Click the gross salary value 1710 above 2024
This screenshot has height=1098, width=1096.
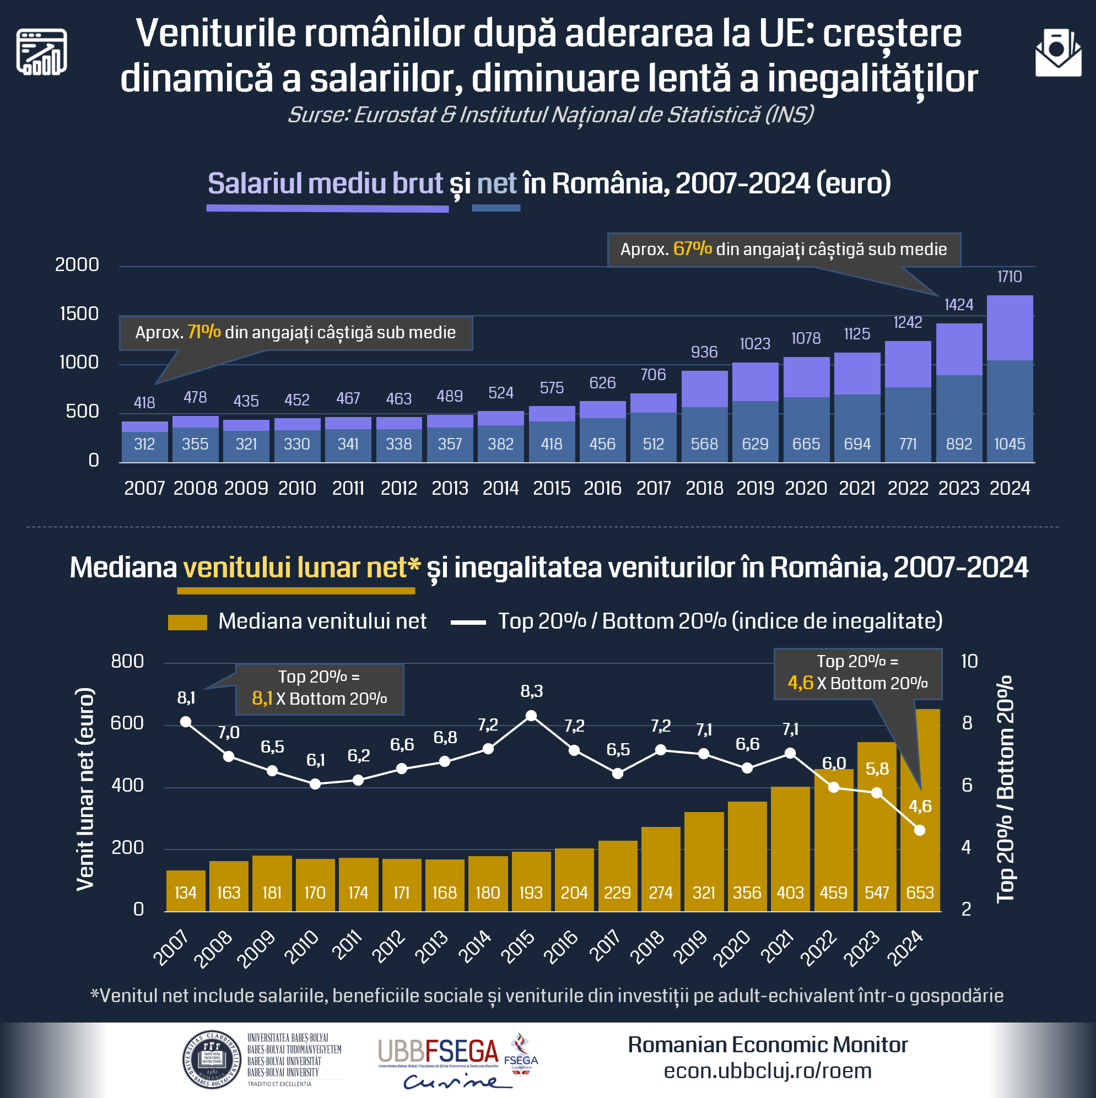click(1009, 277)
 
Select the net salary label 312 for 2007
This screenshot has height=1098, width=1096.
click(144, 444)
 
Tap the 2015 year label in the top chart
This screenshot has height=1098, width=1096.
click(552, 488)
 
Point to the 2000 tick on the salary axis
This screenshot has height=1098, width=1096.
click(77, 264)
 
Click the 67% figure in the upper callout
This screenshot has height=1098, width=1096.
click(693, 249)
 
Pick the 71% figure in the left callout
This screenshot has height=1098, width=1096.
click(204, 332)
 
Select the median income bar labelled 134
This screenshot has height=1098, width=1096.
click(186, 890)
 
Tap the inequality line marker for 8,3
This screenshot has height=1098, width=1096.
click(531, 716)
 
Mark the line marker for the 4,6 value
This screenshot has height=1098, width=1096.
click(920, 830)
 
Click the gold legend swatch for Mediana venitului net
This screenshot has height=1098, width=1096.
click(187, 623)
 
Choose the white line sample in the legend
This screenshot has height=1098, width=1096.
click(468, 623)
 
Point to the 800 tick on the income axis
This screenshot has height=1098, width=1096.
click(127, 662)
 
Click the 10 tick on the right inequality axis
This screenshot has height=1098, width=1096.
click(969, 662)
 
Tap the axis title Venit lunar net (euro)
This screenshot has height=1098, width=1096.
click(85, 789)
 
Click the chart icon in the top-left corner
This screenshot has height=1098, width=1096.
click(41, 52)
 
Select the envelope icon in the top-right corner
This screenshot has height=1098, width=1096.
click(1058, 53)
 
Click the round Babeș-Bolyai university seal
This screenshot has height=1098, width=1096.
click(212, 1059)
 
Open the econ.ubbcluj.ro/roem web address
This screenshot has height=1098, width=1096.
click(768, 1070)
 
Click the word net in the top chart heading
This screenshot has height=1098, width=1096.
click(496, 183)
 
